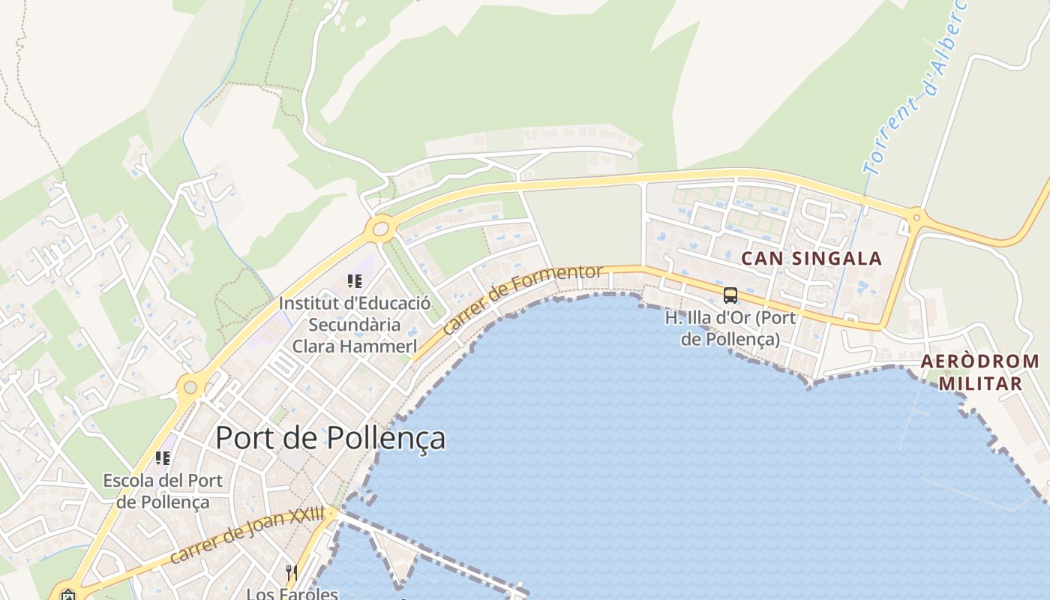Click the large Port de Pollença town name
pos(330,438)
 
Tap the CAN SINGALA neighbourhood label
pos(811,259)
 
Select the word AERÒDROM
pos(979,361)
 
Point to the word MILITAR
pos(980,384)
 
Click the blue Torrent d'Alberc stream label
pos(913,90)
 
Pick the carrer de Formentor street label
pos(522,298)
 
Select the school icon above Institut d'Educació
pos(355,281)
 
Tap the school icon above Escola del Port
pos(162,457)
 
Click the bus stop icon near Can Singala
pos(730,295)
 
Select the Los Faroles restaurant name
pos(292,594)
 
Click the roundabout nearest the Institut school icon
pos(381,228)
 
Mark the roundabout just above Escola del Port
pos(190,388)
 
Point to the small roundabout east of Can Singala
pos(915,218)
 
